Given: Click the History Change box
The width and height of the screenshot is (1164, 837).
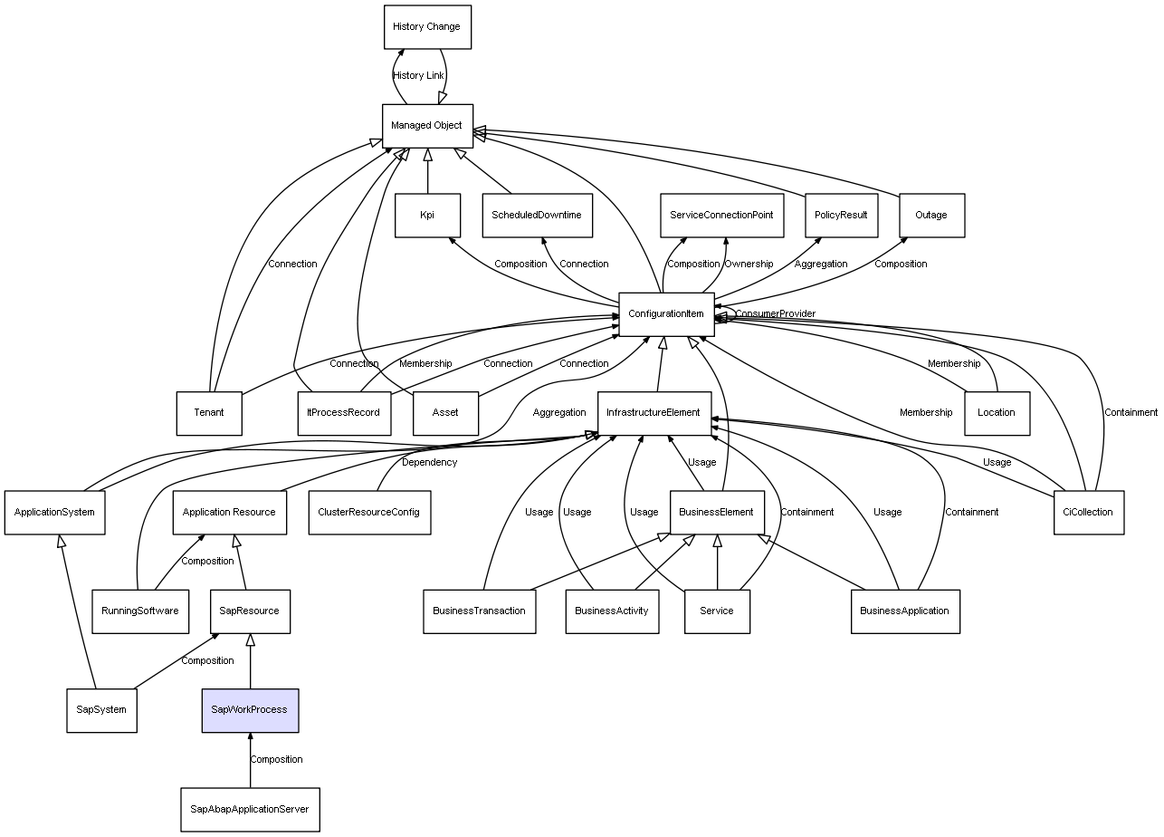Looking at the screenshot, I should (427, 27).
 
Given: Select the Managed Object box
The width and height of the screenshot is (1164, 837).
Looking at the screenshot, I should (427, 126).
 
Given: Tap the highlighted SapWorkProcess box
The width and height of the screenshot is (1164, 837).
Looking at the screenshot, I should (250, 710).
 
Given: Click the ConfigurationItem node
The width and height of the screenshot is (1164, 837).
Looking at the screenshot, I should (666, 314).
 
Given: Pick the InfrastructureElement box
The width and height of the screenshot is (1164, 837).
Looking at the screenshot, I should (654, 413).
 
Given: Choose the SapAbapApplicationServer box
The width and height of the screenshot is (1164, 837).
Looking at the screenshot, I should (250, 809).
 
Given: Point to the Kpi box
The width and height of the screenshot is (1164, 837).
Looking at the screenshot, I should (427, 216).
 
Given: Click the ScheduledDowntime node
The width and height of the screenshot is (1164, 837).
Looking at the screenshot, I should (537, 216).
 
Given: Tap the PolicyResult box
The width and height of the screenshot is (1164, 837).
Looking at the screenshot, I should (841, 216).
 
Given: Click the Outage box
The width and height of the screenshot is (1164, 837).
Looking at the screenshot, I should (931, 216).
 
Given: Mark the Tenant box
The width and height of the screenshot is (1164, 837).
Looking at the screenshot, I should (209, 413).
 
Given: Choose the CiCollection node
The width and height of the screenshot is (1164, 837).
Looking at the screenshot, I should (1089, 513).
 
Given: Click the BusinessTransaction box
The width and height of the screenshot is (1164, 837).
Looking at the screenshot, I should (479, 611).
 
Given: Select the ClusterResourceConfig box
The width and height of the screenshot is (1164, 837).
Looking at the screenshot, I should (369, 513).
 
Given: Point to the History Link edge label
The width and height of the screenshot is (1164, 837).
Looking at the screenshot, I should (418, 76).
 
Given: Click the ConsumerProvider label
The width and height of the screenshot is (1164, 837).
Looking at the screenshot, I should (775, 314).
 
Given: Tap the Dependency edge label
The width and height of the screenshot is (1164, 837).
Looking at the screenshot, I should (429, 463).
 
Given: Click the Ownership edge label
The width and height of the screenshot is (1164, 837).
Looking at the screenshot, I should (749, 265).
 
